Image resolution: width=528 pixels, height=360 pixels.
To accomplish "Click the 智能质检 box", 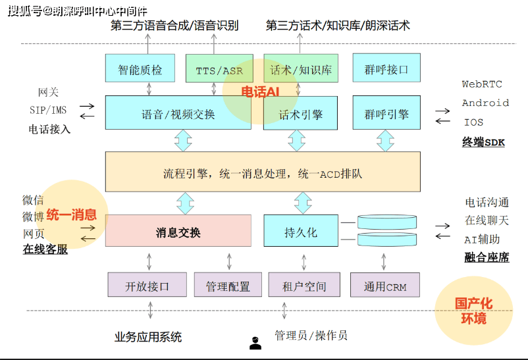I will tap(140, 69).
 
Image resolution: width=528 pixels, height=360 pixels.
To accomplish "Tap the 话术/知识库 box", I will tap(300, 69).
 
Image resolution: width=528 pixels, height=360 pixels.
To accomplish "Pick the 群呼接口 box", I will tap(386, 69).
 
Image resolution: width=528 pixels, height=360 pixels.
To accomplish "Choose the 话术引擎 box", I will tap(300, 114).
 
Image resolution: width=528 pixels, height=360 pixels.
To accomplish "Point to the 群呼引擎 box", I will tap(386, 114).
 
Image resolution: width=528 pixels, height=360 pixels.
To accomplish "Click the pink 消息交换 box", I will tap(178, 232).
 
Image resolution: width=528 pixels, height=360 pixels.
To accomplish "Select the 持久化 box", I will tap(300, 232).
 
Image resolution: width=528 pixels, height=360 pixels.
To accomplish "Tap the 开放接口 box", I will tap(147, 286).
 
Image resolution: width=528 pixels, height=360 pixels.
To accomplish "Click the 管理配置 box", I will tap(228, 286).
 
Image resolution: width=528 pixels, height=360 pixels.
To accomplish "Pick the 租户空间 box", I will tap(304, 286).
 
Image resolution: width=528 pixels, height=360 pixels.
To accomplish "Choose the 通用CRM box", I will tap(385, 286).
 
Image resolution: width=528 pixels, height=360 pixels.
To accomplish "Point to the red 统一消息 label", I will tap(71, 215).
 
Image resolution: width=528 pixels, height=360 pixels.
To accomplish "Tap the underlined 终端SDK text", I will tap(483, 141).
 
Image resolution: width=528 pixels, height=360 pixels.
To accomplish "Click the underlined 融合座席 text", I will tap(487, 257).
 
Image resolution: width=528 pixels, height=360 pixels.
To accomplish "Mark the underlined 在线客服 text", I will tap(45, 249).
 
